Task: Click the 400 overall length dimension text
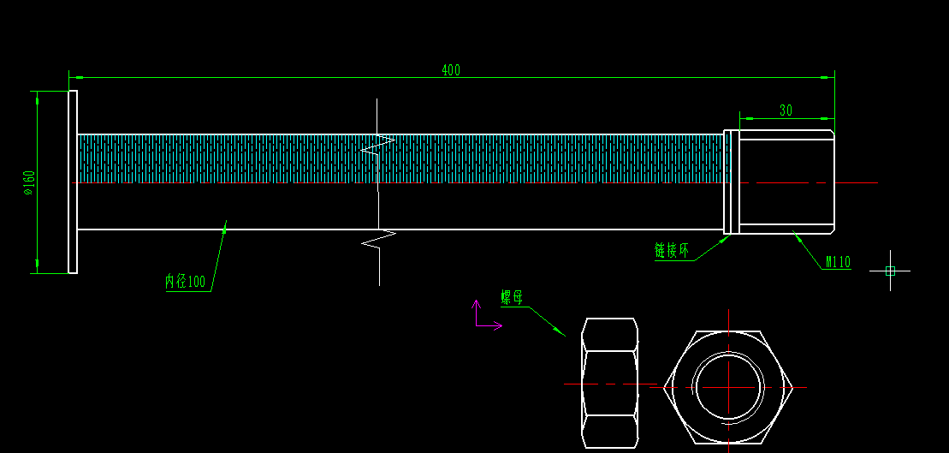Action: (451, 70)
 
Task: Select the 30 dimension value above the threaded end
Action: (786, 110)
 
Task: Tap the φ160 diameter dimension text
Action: (29, 182)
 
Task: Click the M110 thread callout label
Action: (838, 262)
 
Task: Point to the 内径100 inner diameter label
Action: (186, 281)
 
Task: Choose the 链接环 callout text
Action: (672, 250)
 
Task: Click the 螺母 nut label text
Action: (512, 297)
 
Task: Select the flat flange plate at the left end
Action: (73, 182)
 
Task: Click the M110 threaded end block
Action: (786, 182)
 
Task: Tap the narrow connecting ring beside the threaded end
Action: (732, 182)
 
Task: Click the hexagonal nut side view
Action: (610, 384)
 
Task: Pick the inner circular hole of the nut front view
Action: (727, 386)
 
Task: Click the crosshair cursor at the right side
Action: (890, 271)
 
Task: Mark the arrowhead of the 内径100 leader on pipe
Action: (225, 227)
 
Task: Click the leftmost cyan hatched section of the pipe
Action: (165, 158)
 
